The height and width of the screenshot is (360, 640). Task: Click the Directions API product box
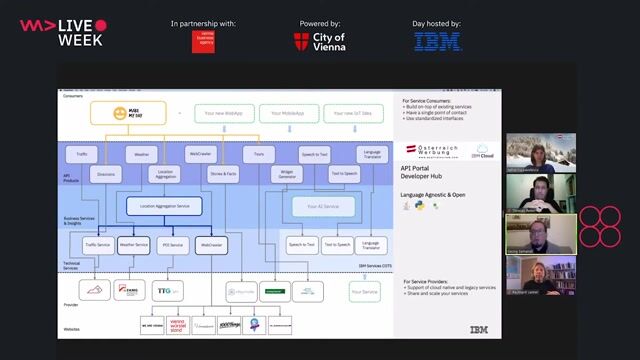(103, 173)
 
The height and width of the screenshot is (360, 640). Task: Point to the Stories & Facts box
(223, 173)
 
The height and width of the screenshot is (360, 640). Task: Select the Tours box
(259, 155)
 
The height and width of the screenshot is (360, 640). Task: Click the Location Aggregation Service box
(164, 207)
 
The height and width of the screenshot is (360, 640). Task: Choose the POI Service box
(171, 244)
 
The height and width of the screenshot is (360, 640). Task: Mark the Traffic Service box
(97, 244)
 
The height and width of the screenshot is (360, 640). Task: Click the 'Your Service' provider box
(365, 291)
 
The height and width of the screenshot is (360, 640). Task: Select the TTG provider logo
(163, 291)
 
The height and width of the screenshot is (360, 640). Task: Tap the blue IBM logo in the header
(438, 41)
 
